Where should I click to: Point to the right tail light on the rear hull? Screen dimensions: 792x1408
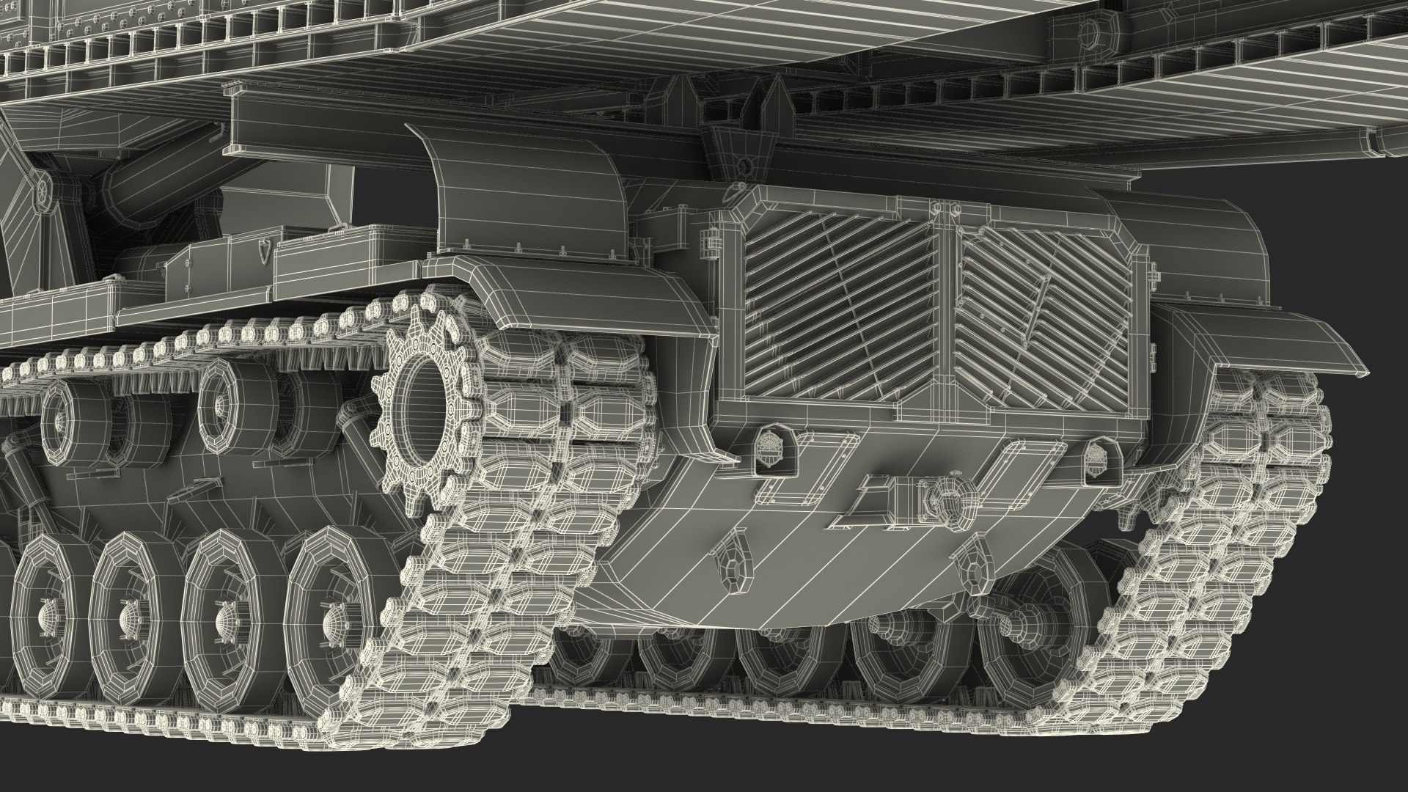(1100, 452)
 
